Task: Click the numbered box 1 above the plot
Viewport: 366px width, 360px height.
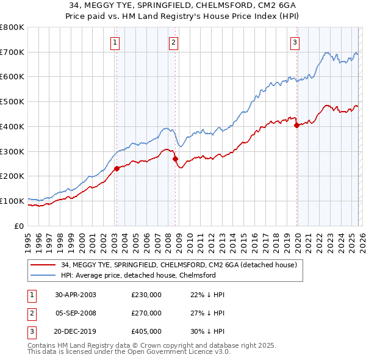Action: (x=115, y=43)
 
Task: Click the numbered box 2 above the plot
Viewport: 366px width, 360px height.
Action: (x=174, y=43)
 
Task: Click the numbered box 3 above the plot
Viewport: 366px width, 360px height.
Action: (x=295, y=43)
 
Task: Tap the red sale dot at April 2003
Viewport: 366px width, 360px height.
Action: (x=117, y=169)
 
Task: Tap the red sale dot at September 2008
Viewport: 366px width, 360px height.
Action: (x=175, y=159)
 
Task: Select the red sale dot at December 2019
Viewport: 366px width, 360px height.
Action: (x=297, y=126)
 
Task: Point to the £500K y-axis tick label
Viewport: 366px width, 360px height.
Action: (x=12, y=102)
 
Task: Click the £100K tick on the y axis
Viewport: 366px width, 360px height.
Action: (x=12, y=201)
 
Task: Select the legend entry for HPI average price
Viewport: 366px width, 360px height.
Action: (x=138, y=275)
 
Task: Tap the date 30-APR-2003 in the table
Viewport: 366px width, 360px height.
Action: (x=76, y=295)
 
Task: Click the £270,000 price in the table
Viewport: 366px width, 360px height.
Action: (x=146, y=313)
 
